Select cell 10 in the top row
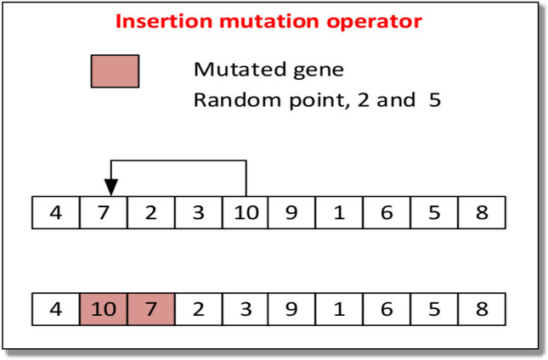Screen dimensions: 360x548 (x=245, y=212)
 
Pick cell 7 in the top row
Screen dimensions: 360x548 (x=103, y=212)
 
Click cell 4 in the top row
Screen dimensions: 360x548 (x=55, y=212)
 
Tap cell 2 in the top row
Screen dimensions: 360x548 (x=150, y=212)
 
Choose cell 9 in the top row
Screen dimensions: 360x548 (x=292, y=212)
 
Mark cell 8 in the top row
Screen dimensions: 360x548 (x=482, y=212)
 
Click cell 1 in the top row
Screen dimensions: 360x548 (x=339, y=212)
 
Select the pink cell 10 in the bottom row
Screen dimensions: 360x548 (x=103, y=308)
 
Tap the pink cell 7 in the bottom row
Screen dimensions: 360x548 (x=150, y=308)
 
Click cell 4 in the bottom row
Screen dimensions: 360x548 (x=55, y=308)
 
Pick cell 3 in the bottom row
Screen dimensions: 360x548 (x=245, y=308)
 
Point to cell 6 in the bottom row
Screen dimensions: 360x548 (x=387, y=308)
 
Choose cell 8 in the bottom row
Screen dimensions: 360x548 (x=482, y=308)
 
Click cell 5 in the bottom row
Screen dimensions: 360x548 (x=434, y=308)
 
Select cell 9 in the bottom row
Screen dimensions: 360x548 (x=292, y=308)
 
